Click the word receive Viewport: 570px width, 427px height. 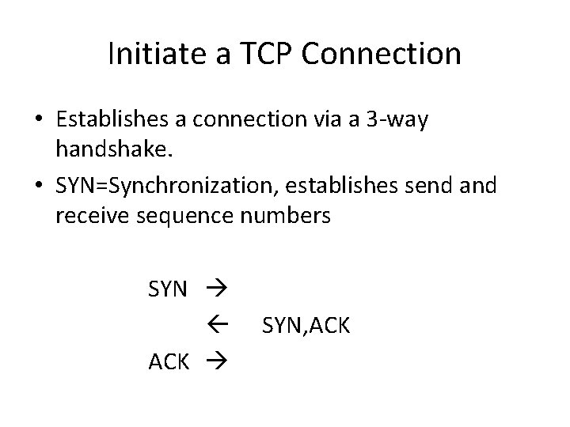(x=90, y=217)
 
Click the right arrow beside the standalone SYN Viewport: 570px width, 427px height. (x=217, y=289)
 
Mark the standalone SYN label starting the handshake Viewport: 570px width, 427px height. (x=168, y=289)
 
